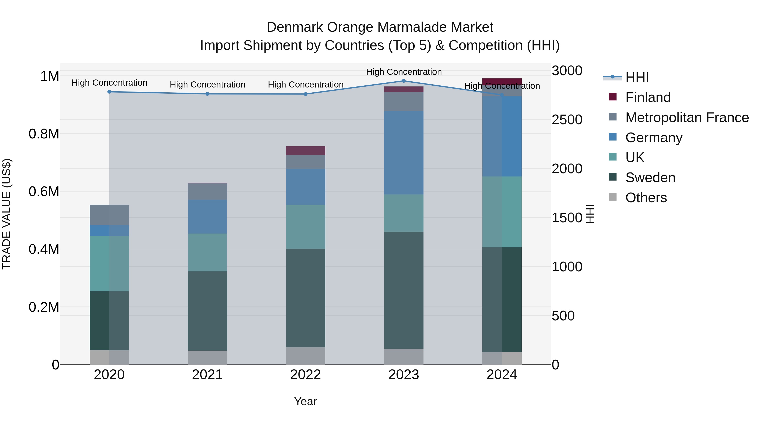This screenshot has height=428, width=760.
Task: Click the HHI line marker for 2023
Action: pyautogui.click(x=404, y=81)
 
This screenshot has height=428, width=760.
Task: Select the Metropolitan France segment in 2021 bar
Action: pyautogui.click(x=207, y=191)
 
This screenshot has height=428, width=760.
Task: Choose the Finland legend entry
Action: pyautogui.click(x=648, y=97)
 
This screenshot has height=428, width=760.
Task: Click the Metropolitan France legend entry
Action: pyautogui.click(x=687, y=117)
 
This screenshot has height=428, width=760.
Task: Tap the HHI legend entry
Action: pyautogui.click(x=637, y=77)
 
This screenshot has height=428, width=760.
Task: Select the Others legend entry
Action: pyautogui.click(x=646, y=197)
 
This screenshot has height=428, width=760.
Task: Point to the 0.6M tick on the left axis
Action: pyautogui.click(x=44, y=191)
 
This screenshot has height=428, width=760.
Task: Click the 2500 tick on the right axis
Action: pyautogui.click(x=567, y=120)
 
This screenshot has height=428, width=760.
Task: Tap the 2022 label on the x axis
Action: pyautogui.click(x=305, y=375)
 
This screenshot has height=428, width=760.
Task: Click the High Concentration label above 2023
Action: pyautogui.click(x=404, y=72)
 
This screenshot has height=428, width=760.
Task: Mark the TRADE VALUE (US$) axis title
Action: pyautogui.click(x=7, y=214)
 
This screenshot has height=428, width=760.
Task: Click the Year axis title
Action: pyautogui.click(x=305, y=401)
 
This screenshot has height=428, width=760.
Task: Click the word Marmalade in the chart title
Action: pyautogui.click(x=412, y=27)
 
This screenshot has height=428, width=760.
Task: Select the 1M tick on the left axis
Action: pyautogui.click(x=50, y=76)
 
